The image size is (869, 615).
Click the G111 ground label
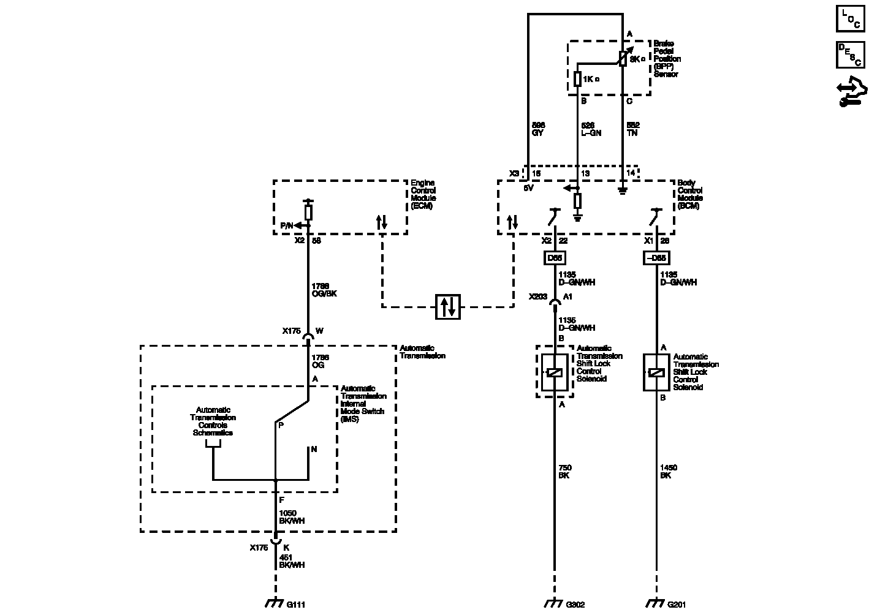point(295,605)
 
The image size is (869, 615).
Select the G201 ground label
point(676,605)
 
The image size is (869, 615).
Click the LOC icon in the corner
point(851,19)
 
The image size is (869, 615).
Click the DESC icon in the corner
point(851,55)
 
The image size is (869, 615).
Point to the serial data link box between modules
point(448,306)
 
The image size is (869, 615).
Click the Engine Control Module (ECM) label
point(423,194)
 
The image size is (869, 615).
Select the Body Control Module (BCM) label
point(690,194)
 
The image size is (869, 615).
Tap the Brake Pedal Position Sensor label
point(667,59)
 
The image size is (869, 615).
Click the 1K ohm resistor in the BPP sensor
point(577,79)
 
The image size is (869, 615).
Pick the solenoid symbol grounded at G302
point(554,372)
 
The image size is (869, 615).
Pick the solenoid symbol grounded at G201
point(656,372)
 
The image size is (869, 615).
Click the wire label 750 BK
point(565,472)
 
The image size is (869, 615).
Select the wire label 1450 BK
point(669,472)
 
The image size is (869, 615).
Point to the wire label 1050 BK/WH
point(292,516)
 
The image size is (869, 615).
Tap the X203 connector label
point(538,296)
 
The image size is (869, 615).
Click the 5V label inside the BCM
point(528,187)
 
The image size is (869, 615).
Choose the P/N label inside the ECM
point(286,225)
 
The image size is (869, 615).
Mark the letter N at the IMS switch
point(314,449)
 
